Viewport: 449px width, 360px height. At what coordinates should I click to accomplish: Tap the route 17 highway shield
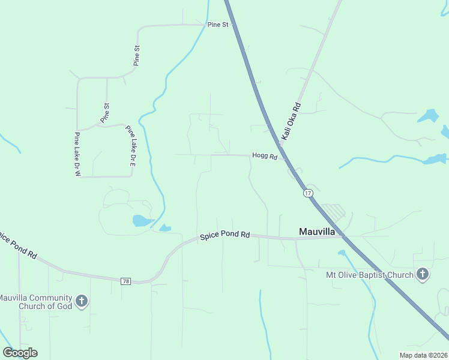click(308, 193)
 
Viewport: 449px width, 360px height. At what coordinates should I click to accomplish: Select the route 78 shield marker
click(125, 281)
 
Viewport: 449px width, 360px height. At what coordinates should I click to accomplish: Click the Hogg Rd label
click(264, 156)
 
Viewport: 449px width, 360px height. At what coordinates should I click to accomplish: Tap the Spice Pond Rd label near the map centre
click(224, 235)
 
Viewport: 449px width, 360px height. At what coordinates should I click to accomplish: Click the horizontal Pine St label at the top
click(218, 25)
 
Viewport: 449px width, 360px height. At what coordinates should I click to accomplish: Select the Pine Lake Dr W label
click(77, 155)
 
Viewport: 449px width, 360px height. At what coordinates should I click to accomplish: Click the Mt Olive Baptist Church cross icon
click(423, 275)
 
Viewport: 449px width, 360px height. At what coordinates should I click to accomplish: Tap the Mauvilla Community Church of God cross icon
click(82, 301)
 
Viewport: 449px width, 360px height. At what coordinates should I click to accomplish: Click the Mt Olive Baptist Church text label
click(369, 275)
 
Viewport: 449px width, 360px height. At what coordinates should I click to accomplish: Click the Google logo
click(20, 353)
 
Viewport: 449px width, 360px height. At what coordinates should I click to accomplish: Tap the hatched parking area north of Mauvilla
click(334, 211)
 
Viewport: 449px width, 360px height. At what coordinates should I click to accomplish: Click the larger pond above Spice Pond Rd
click(142, 220)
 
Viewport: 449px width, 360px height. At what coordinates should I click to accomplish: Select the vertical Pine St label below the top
click(137, 55)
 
